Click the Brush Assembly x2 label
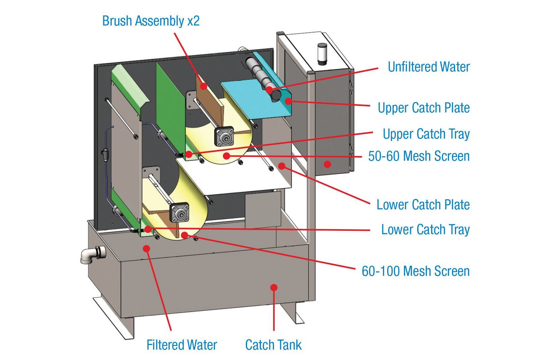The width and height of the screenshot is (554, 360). tap(151, 21)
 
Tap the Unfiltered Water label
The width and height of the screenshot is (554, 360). tap(429, 67)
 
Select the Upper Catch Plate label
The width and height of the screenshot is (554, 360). tap(424, 108)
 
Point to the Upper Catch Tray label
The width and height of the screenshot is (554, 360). tap(426, 134)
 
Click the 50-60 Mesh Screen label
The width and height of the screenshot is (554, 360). tap(419, 156)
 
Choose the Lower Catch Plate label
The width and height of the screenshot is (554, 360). tap(423, 205)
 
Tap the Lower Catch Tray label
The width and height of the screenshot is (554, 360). tap(425, 230)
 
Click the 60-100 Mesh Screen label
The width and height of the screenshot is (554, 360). tap(415, 271)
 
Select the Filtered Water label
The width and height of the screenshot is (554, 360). tap(182, 345)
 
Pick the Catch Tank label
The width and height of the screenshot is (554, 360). tap(273, 345)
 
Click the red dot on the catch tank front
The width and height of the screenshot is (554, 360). tap(274, 288)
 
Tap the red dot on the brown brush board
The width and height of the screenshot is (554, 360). tap(204, 86)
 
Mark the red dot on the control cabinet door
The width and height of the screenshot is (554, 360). tap(327, 164)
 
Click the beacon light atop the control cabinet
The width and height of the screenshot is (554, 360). tap(322, 54)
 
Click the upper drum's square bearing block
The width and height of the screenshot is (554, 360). tap(224, 136)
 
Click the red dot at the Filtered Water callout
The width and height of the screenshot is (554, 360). tap(146, 249)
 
